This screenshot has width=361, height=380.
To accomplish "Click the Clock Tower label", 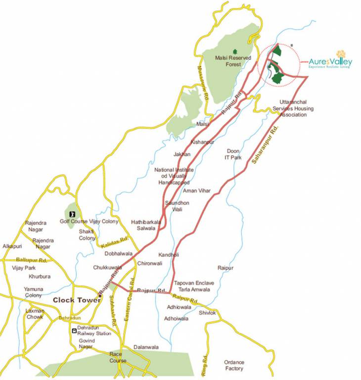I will pos(77,300).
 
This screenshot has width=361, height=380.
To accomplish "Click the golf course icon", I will pos(72,214).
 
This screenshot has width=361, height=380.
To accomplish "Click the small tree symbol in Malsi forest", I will pos(235,51).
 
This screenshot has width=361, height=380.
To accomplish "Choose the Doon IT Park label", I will pos(233,154).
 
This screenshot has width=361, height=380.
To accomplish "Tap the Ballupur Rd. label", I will pos(32,260).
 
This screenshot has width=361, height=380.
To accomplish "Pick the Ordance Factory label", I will pos(234,365).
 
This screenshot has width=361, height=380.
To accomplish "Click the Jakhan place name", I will pos(182,154).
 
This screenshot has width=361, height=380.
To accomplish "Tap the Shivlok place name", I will pos(208,313).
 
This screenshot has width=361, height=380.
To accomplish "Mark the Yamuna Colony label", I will pos(34,292).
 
